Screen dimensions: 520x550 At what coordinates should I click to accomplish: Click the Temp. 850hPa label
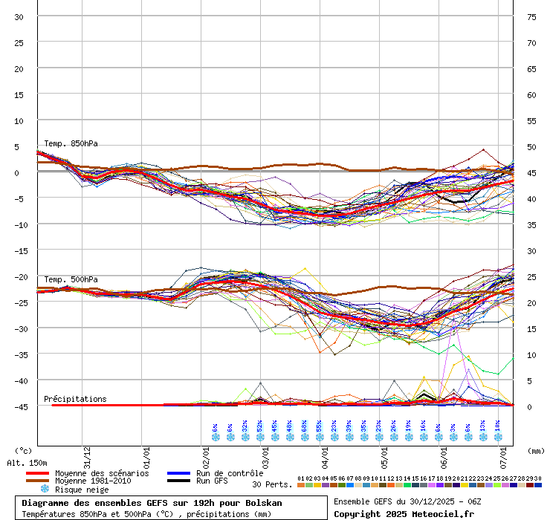[71, 143]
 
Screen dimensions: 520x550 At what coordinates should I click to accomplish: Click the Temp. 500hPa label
[71, 279]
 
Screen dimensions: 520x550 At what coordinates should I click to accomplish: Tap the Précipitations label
[75, 399]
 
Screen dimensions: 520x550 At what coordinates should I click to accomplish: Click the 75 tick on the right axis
[531, 16]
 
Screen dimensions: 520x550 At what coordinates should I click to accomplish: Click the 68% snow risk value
[305, 427]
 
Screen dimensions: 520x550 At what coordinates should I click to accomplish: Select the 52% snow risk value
[260, 427]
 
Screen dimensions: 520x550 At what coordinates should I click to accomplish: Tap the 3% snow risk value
[453, 427]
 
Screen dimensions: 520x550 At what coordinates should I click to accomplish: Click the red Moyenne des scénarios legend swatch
[37, 473]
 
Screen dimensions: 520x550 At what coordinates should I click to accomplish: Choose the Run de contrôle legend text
[230, 473]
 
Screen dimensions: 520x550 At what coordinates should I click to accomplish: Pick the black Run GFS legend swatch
[178, 481]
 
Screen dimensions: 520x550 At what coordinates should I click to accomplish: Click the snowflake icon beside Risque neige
[45, 490]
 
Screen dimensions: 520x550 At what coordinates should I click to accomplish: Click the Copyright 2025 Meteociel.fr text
[404, 513]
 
